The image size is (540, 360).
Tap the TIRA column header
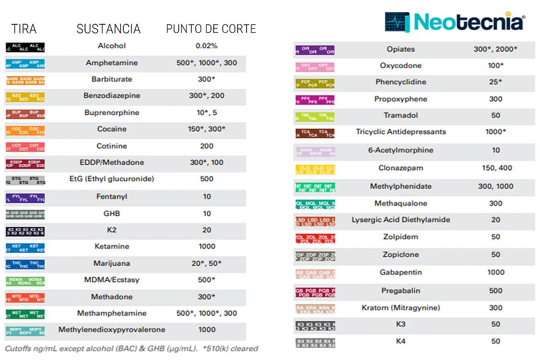pyautogui.click(x=24, y=29)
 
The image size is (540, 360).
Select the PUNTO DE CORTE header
pyautogui.click(x=211, y=29)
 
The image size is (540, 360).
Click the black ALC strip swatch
pyautogui.click(x=25, y=47)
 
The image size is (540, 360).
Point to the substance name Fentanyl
pyautogui.click(x=112, y=197)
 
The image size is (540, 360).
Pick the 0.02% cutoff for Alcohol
pyautogui.click(x=207, y=46)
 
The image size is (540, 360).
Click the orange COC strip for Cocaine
pyautogui.click(x=25, y=130)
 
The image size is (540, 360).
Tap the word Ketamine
pyautogui.click(x=112, y=247)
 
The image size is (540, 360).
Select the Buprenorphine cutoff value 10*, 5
pyautogui.click(x=207, y=112)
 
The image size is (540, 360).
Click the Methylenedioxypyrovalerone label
pyautogui.click(x=112, y=330)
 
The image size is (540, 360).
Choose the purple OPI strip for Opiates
pyautogui.click(x=315, y=50)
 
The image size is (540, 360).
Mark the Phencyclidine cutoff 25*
pyautogui.click(x=495, y=82)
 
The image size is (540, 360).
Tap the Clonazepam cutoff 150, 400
pyautogui.click(x=495, y=168)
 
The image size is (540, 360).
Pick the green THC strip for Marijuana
pyautogui.click(x=25, y=264)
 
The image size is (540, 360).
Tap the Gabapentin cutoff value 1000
pyautogui.click(x=495, y=272)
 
